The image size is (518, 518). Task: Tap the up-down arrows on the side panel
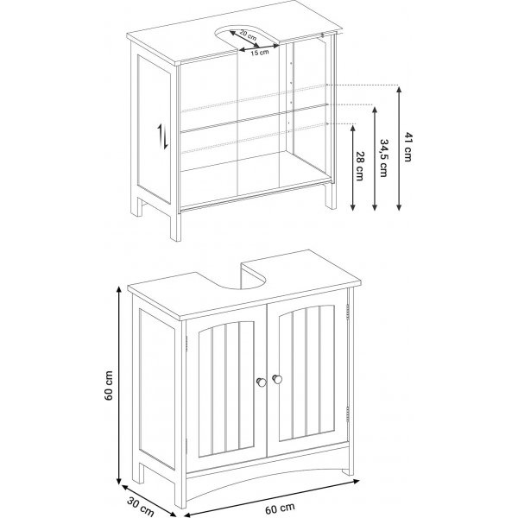(x=161, y=136)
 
